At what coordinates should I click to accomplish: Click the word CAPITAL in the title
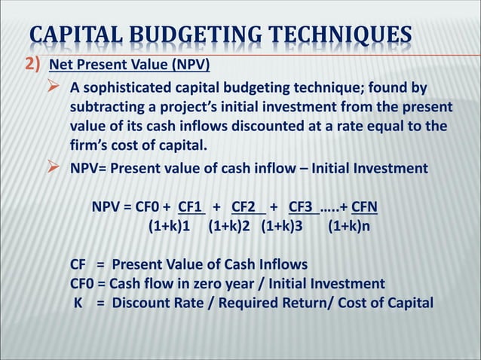pyautogui.click(x=77, y=35)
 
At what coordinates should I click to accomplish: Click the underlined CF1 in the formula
pyautogui.click(x=191, y=206)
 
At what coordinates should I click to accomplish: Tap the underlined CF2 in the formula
pyautogui.click(x=247, y=206)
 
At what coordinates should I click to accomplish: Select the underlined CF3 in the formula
pyautogui.click(x=302, y=206)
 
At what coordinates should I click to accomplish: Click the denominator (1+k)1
pyautogui.click(x=168, y=224)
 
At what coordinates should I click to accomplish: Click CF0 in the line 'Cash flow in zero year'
pyautogui.click(x=82, y=283)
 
